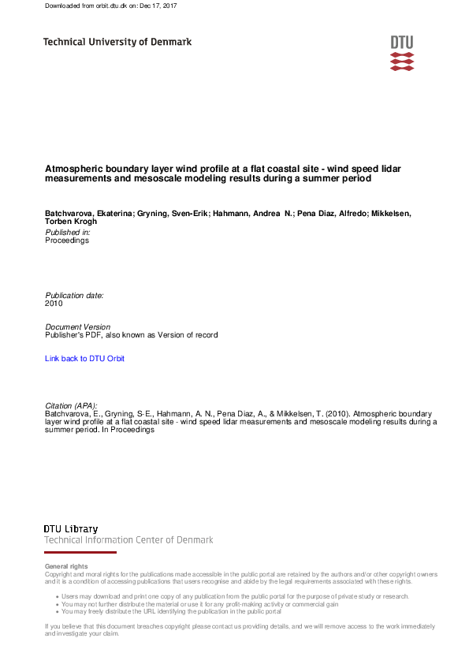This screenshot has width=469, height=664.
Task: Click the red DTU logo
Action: pos(401,53)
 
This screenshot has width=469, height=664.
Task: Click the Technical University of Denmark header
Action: pos(117,42)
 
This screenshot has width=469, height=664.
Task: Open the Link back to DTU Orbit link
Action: pos(84,359)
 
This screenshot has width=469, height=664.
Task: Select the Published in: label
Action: pos(67,233)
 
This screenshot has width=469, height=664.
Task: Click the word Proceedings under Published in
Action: pos(67,241)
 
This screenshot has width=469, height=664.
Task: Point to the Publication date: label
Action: pos(74,295)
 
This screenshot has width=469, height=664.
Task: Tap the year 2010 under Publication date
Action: pos(54,303)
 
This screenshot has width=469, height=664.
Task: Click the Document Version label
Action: pos(77,326)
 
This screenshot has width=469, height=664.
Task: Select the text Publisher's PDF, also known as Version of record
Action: pos(131,335)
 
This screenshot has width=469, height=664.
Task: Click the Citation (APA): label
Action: pos(71,405)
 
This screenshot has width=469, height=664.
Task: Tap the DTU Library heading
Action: pos(71,528)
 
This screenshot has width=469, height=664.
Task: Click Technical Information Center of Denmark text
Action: pos(128,540)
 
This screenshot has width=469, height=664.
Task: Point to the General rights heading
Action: pos(66,566)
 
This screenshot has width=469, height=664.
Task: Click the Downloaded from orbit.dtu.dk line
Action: pos(110,6)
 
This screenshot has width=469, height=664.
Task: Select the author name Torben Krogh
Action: pos(71,222)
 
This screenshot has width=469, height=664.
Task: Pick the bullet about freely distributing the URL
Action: pos(171,611)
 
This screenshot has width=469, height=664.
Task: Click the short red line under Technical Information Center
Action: pos(80,553)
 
